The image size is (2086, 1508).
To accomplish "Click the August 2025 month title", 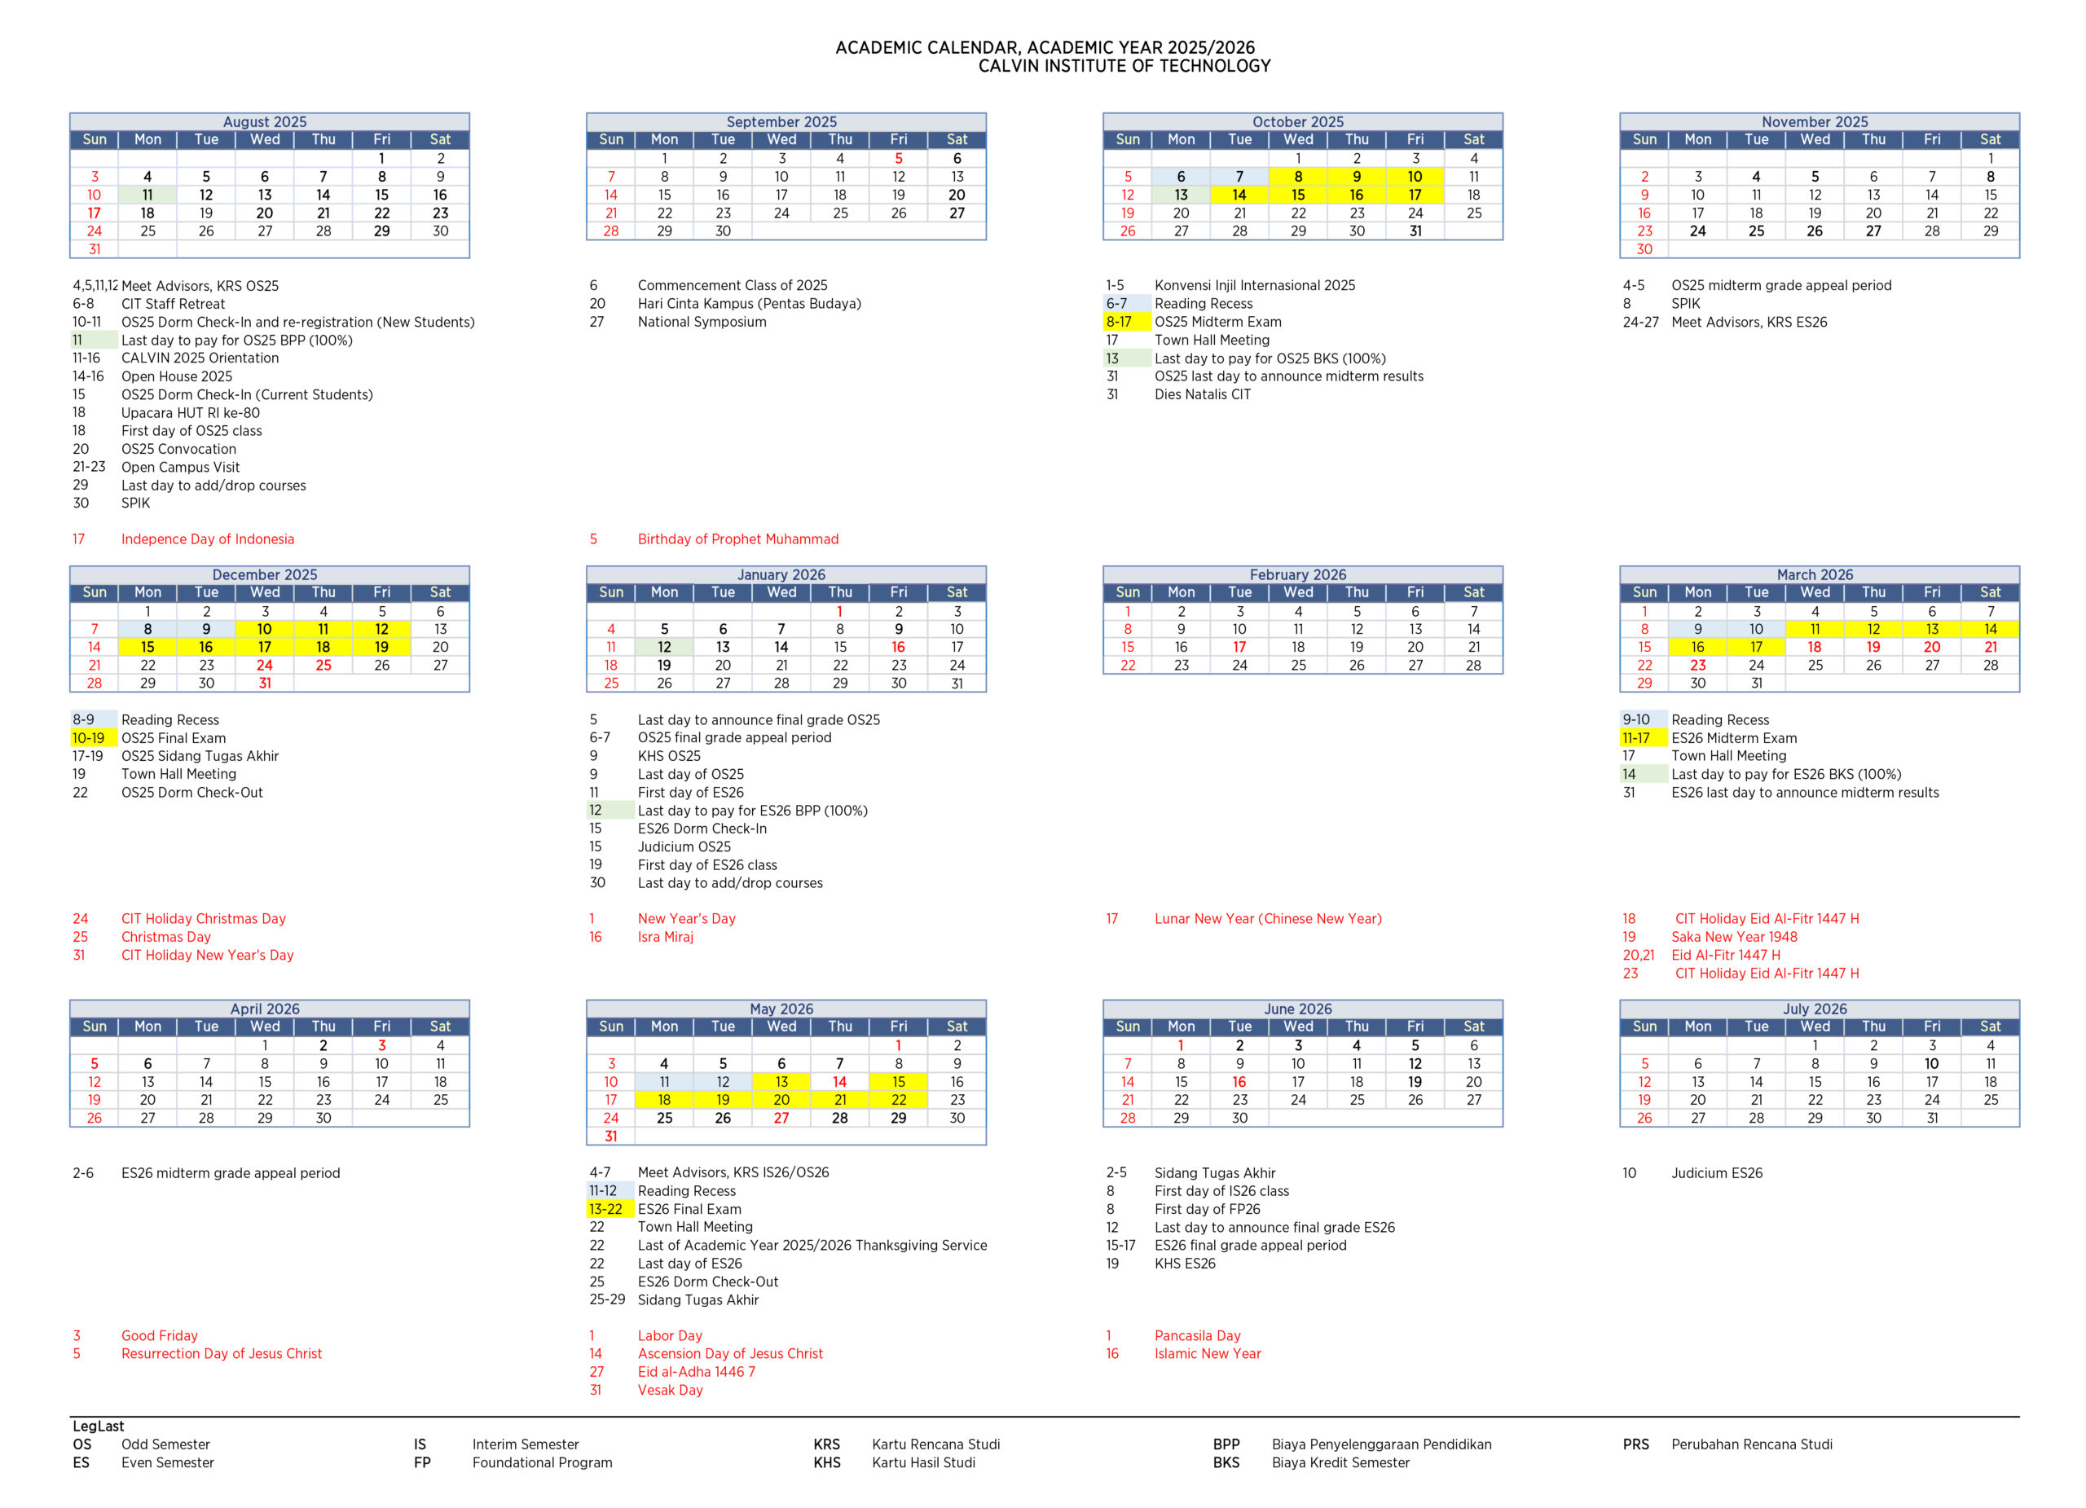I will click(265, 121).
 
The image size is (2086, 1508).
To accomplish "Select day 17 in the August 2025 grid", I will click(94, 213).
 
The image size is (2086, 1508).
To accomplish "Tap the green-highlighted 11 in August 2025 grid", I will click(147, 195).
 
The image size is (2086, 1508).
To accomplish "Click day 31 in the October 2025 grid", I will click(1415, 231).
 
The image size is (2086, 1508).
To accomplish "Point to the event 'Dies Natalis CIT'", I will click(1202, 394).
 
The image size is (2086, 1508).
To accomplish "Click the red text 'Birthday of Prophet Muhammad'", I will click(737, 539).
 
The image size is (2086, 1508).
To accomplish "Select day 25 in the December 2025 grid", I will click(323, 665).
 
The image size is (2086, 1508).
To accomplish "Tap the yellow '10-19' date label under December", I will click(88, 737).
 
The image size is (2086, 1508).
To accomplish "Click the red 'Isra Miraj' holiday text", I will click(665, 937).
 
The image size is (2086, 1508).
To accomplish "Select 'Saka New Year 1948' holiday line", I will click(1734, 937).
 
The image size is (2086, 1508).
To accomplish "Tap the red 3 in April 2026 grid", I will click(381, 1045).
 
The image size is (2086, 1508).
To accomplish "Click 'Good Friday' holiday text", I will click(159, 1335).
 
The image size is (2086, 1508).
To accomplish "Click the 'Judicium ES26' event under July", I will click(1716, 1172).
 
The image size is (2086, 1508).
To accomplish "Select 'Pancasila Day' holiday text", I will click(1198, 1335).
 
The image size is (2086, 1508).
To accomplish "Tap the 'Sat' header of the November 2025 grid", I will click(1991, 140).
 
